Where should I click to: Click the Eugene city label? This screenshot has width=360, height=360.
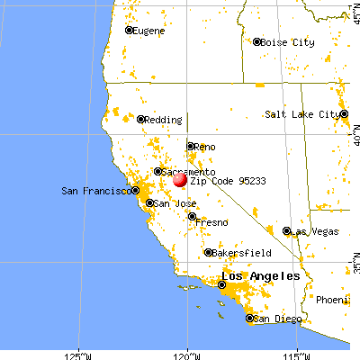[x=151, y=31]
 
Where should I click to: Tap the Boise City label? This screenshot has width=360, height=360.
[x=286, y=41]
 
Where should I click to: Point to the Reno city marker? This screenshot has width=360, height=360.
[x=190, y=146]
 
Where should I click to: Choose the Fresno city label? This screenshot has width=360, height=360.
[x=212, y=221]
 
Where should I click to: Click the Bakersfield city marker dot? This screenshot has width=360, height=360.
[x=208, y=253]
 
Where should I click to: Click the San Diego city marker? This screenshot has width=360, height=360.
[x=249, y=319]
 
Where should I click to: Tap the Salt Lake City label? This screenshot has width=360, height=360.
[x=301, y=114]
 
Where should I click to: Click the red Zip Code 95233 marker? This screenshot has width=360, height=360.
[x=181, y=179]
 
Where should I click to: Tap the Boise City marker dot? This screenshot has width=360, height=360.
[x=256, y=41]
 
